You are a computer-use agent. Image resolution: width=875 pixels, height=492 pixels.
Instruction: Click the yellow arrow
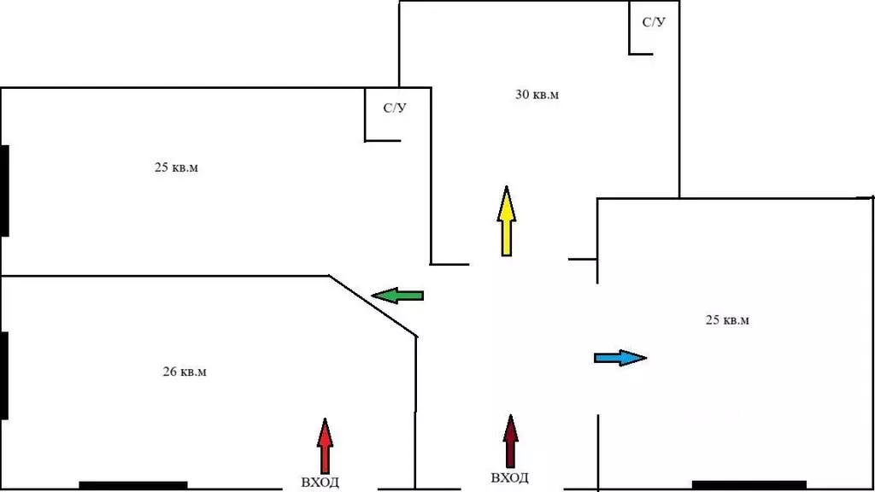click(506, 221)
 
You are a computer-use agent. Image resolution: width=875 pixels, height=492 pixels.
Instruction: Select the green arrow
click(398, 296)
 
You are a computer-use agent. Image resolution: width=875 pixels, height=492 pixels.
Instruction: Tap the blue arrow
click(620, 358)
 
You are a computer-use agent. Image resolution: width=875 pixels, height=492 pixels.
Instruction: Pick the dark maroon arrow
click(510, 442)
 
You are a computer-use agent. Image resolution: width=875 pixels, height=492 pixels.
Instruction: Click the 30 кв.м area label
click(537, 95)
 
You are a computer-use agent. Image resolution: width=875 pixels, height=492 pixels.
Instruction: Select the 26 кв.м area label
click(185, 372)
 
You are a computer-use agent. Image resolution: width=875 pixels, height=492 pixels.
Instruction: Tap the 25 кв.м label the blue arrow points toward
click(727, 320)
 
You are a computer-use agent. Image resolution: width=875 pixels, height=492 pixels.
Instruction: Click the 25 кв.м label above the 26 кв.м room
click(176, 167)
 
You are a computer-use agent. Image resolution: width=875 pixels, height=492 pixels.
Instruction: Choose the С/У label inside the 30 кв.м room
click(654, 22)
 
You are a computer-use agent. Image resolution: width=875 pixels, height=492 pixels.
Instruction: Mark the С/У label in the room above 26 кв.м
click(394, 108)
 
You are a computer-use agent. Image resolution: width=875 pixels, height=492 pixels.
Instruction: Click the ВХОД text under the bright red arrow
click(320, 483)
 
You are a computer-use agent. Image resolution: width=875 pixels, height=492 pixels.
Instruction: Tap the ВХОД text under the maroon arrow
click(509, 478)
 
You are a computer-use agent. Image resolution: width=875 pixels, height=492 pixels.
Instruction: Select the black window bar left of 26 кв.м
click(4, 375)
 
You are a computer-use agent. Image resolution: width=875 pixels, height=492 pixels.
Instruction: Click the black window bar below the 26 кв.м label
click(132, 485)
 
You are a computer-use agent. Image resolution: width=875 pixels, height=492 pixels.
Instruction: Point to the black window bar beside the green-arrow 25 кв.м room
click(4, 190)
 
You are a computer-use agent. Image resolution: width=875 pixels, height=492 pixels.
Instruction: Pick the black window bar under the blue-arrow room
click(749, 484)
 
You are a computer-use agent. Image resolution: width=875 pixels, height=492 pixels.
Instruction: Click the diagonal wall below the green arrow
click(373, 306)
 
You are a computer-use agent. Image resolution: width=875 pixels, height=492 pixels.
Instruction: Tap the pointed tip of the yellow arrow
click(506, 189)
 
